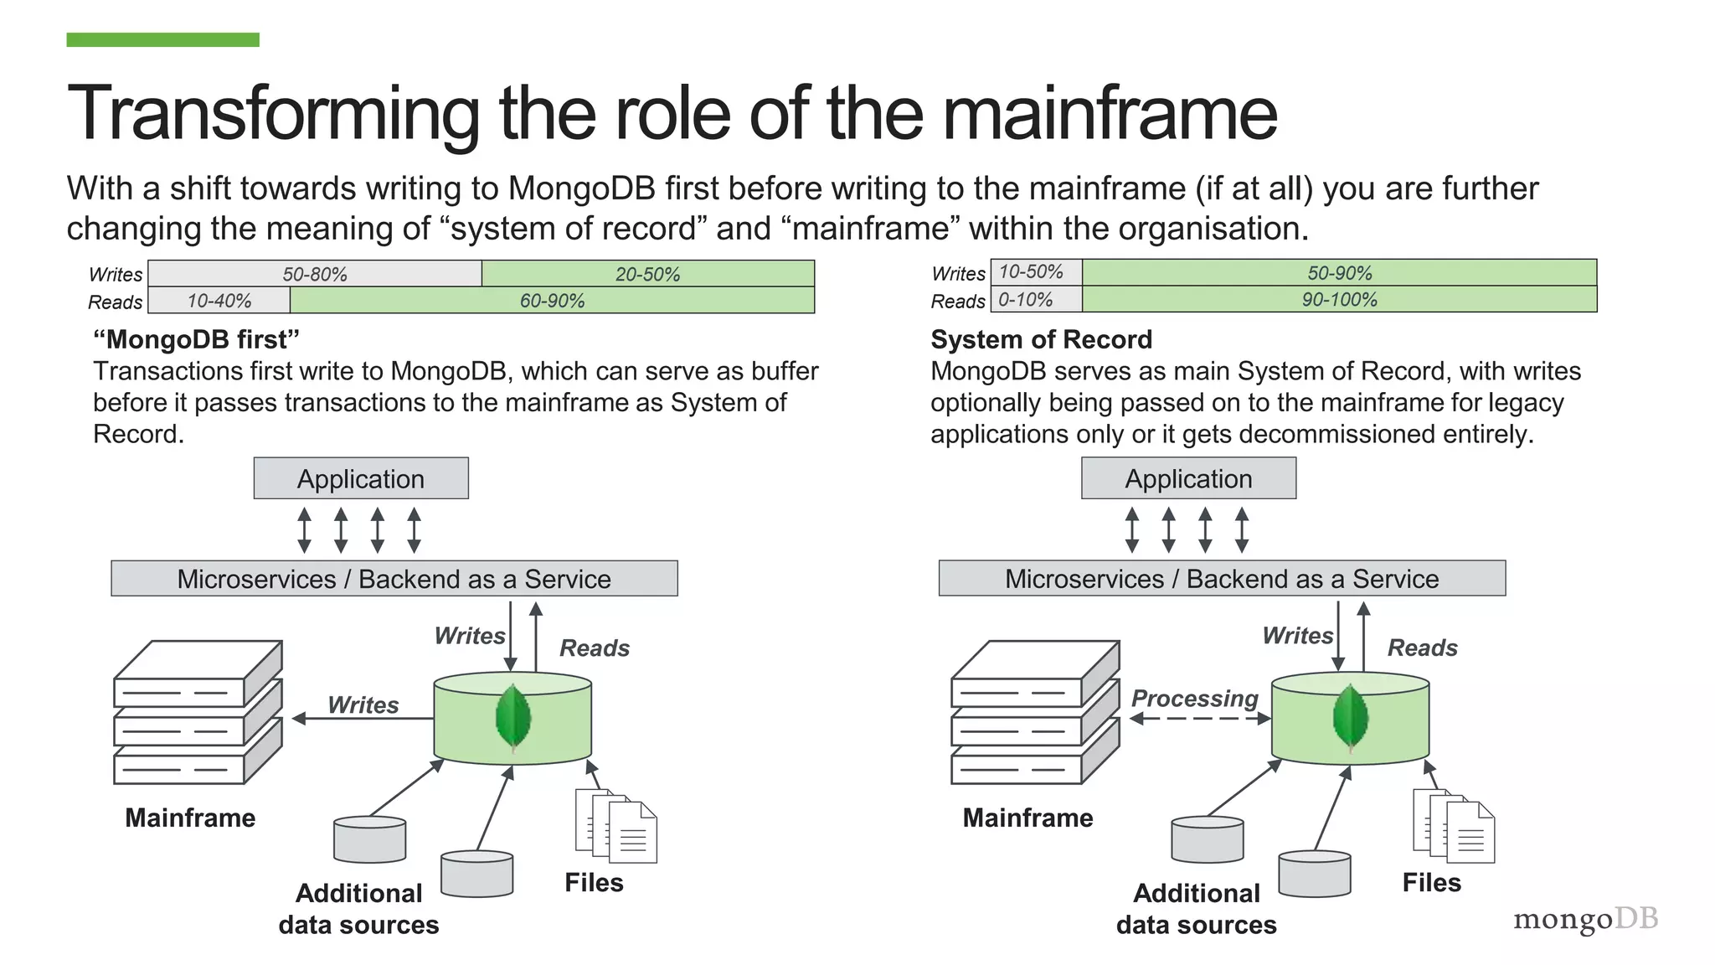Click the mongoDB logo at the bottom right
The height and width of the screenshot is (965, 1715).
[x=1585, y=919]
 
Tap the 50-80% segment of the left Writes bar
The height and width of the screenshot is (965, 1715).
[x=315, y=274]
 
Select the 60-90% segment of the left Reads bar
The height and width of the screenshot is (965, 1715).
[x=552, y=301]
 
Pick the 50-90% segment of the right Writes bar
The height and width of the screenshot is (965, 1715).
[x=1339, y=273]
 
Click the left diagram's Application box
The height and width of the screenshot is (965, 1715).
[x=361, y=478]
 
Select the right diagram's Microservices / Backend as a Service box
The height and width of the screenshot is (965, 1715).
[x=1222, y=579]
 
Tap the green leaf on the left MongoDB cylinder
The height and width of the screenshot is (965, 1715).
[x=513, y=718]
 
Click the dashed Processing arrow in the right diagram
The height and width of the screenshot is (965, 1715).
[x=1199, y=719]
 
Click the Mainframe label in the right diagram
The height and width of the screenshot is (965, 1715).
[x=1027, y=818]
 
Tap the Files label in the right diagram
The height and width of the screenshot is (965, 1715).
[x=1431, y=882]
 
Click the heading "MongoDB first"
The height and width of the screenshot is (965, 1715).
[x=196, y=339]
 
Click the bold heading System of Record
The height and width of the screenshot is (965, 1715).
[x=1041, y=339]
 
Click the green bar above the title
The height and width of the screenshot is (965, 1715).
[x=162, y=39]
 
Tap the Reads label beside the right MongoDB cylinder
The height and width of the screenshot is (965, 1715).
[x=1422, y=648]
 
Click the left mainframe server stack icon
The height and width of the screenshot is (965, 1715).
[x=198, y=713]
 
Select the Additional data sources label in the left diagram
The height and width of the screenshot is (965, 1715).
[x=358, y=909]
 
